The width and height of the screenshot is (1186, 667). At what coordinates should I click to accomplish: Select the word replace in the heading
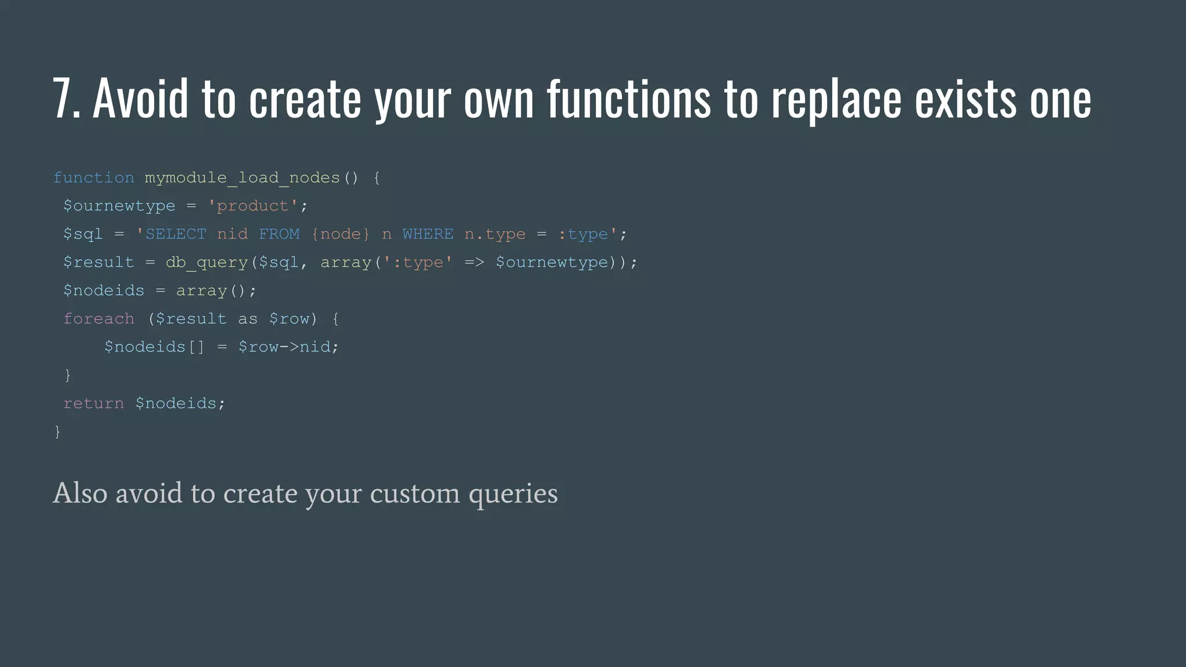[836, 100]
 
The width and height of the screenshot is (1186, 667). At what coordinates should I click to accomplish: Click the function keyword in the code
[94, 178]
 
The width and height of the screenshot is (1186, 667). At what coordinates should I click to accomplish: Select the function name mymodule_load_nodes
[242, 178]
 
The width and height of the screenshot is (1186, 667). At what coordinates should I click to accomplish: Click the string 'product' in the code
[252, 206]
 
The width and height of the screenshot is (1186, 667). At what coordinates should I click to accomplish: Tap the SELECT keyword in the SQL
[175, 234]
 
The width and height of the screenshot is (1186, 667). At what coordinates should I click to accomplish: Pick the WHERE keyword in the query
[428, 234]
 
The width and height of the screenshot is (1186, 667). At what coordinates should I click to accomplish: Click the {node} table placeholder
[341, 234]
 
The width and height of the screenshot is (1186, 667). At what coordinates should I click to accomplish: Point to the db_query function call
[207, 262]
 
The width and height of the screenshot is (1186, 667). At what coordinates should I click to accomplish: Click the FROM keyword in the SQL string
[279, 234]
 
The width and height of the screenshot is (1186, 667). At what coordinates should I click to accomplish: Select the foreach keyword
[98, 318]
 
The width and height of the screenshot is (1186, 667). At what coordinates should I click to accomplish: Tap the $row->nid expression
[288, 347]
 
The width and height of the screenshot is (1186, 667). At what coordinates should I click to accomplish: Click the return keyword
[93, 403]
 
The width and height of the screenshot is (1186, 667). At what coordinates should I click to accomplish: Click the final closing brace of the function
[57, 431]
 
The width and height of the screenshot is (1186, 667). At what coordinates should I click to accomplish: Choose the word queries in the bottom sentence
[513, 494]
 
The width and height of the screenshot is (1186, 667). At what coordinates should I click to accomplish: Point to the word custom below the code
[414, 493]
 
